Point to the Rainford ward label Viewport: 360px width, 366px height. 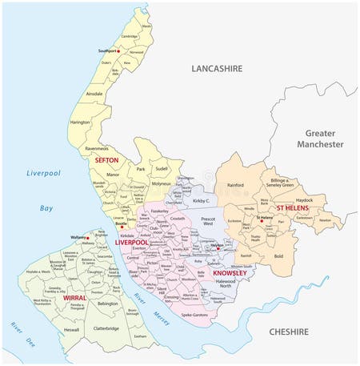[235, 186]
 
